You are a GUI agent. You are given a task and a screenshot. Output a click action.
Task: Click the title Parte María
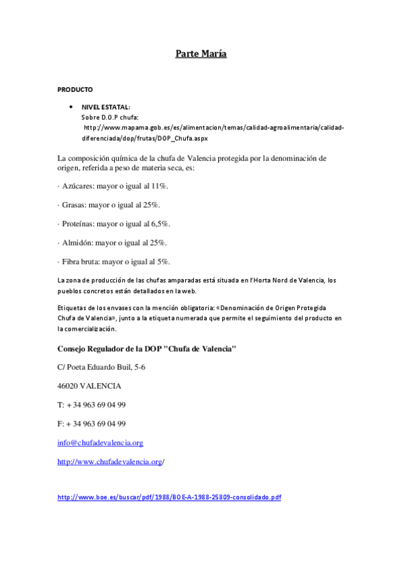tap(201, 53)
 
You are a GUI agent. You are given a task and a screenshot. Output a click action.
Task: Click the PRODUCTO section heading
tap(75, 89)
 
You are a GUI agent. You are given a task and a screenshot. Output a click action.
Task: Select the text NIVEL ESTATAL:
tap(105, 107)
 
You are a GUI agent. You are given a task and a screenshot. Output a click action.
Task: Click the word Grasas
tap(73, 204)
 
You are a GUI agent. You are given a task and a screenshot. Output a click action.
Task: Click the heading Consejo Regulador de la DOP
tap(146, 349)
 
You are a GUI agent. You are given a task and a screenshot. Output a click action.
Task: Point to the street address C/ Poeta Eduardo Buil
tap(101, 367)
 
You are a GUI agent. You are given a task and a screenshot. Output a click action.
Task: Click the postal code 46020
tap(68, 386)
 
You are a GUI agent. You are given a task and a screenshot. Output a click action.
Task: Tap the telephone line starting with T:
tap(91, 405)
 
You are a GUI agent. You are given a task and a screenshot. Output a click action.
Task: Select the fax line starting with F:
tap(91, 423)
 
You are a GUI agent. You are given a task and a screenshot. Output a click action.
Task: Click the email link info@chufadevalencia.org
tap(100, 443)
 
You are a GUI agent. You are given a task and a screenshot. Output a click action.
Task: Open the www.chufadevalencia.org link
tap(110, 462)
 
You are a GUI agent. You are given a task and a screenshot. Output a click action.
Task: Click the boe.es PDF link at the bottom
tap(169, 497)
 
